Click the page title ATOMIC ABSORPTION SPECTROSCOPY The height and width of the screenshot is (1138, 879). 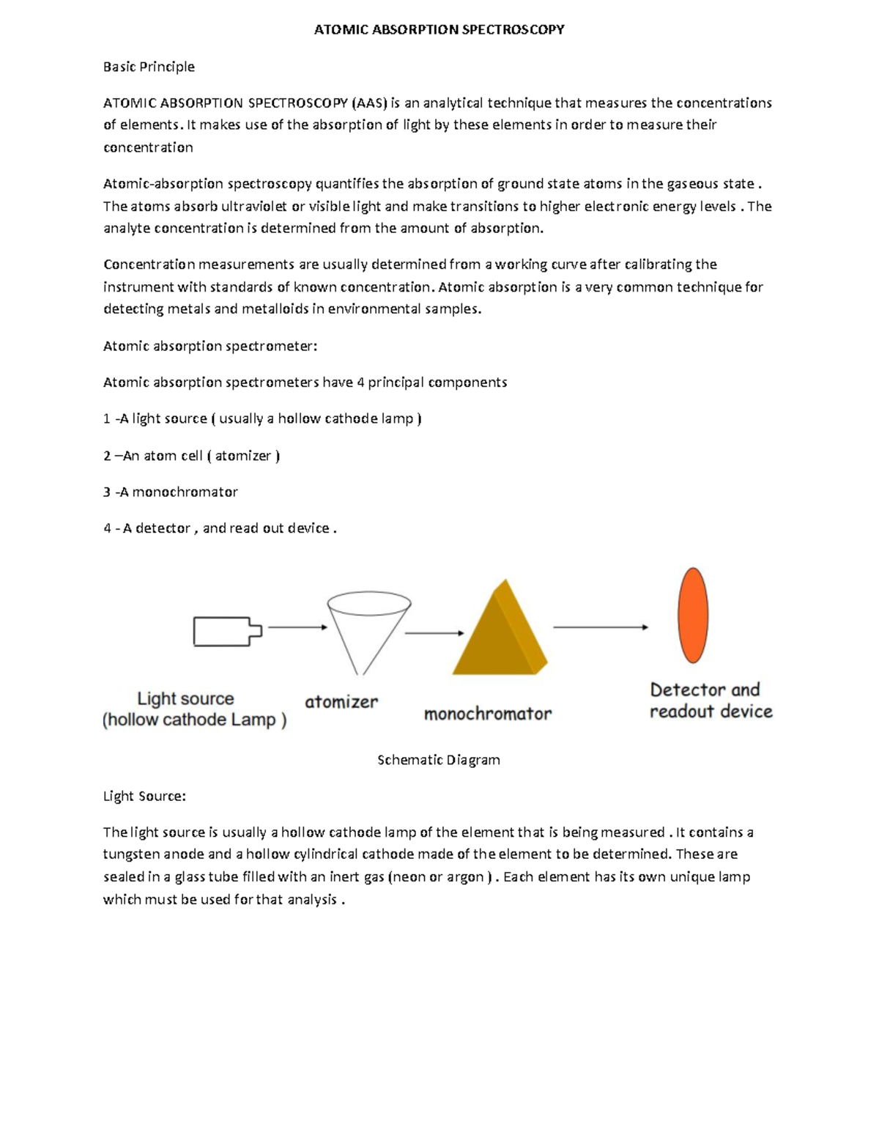click(439, 30)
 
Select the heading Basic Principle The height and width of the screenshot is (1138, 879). click(149, 67)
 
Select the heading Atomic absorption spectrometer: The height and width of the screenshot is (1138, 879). click(210, 346)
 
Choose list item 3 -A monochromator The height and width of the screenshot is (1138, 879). click(171, 492)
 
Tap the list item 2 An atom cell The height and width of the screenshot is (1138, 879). click(192, 456)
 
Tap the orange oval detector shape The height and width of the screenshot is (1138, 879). click(693, 615)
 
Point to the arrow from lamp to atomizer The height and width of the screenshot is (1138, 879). click(297, 627)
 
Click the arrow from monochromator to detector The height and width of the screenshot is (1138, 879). click(600, 627)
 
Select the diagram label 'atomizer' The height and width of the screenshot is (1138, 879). click(341, 702)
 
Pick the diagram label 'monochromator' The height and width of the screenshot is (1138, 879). click(488, 714)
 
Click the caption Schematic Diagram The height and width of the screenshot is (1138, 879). click(439, 760)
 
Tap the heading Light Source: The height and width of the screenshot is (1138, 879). click(144, 797)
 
